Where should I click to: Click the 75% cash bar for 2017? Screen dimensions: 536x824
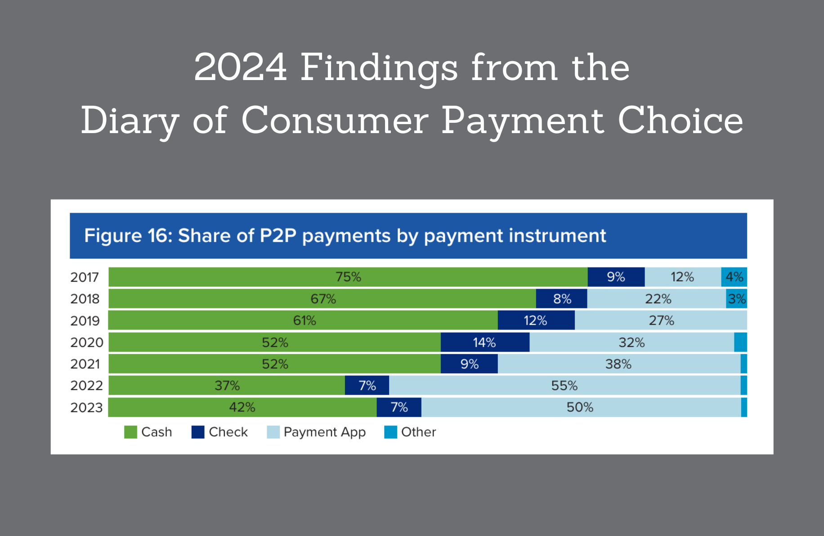pos(348,277)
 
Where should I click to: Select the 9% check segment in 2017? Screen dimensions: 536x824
pos(616,277)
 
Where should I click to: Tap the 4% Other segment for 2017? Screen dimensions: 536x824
pos(734,277)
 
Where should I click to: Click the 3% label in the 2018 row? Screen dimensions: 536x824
pos(737,299)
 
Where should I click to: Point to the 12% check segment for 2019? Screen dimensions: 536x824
pos(536,321)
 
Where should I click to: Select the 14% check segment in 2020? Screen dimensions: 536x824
pos(484,343)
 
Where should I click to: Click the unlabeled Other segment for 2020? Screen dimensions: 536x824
pos(740,343)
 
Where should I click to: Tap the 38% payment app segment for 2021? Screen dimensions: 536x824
pos(618,364)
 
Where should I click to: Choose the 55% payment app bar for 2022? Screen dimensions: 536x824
pos(564,386)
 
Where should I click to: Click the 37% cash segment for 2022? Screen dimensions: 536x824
pos(227,386)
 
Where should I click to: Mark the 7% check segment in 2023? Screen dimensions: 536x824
pos(399,407)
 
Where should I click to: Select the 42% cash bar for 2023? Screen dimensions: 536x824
pos(242,407)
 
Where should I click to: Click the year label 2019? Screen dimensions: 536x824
pos(85,321)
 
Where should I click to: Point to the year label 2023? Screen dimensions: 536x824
pos(86,408)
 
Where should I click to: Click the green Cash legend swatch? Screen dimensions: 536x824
pos(130,432)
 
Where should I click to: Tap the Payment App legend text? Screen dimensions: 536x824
pos(324,432)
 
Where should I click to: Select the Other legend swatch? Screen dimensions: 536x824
pos(390,432)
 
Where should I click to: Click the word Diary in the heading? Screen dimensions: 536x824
pos(130,121)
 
